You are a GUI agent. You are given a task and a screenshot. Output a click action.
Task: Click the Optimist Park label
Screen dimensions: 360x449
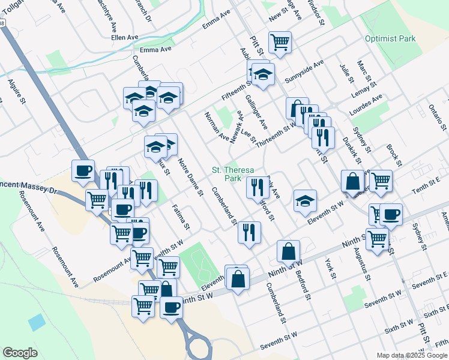[x=390, y=39]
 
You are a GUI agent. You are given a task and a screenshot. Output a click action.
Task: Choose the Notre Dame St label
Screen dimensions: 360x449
[x=190, y=176]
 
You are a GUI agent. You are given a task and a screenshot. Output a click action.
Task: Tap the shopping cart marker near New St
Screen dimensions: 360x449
[x=280, y=42]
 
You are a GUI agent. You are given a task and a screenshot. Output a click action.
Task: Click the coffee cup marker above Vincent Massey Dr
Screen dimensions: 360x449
[x=83, y=170]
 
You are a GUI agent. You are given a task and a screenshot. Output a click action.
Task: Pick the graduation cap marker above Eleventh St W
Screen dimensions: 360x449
[x=305, y=200]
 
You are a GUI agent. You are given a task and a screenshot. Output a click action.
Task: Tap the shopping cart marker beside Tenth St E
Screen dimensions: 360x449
[x=381, y=179]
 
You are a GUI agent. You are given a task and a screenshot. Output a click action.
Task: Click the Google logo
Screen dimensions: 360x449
[x=20, y=352]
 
